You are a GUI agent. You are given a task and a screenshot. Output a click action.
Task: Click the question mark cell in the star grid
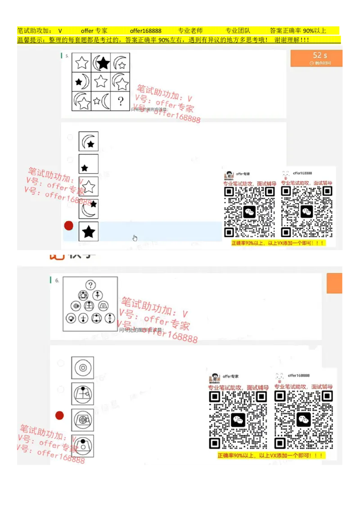point(120,101)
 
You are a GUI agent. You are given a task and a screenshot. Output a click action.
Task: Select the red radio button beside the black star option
point(69,226)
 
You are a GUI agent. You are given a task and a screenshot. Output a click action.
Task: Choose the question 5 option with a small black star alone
point(89,164)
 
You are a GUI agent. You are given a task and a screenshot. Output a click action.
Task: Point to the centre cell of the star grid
point(101,82)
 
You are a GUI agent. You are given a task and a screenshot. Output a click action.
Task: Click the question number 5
point(67,56)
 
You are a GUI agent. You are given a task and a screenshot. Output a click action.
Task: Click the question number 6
point(57,280)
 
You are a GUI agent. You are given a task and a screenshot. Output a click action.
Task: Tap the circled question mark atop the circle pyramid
point(91,285)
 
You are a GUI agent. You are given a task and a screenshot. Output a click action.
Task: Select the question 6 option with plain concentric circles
point(83,368)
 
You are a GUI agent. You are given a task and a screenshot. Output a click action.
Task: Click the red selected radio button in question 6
point(59,415)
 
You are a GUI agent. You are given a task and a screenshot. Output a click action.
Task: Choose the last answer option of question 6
point(83,446)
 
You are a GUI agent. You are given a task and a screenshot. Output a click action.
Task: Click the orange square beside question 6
point(335,283)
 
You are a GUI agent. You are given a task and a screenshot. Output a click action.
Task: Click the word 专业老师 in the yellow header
point(190,31)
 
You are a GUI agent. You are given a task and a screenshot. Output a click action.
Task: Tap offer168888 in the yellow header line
point(145,31)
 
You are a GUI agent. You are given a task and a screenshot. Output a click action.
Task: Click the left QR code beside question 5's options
point(250,211)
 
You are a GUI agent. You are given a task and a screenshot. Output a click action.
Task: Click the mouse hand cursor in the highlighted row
point(135,238)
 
